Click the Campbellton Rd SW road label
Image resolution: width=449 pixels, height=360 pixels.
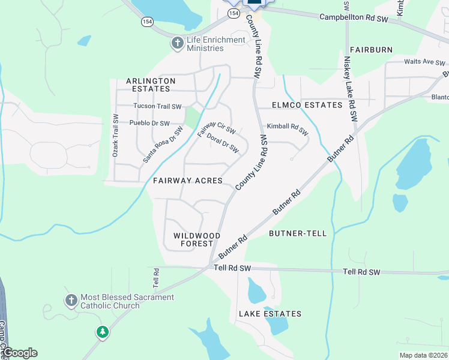pyautogui.click(x=354, y=19)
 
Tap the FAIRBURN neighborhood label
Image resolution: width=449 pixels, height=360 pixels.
pyautogui.click(x=371, y=49)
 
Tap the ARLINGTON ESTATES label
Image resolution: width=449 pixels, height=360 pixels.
pyautogui.click(x=151, y=85)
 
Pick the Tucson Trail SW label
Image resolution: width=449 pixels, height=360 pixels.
pyautogui.click(x=157, y=107)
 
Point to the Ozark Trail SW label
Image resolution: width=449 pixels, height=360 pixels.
pyautogui.click(x=115, y=136)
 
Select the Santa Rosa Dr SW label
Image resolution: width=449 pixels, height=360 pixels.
pyautogui.click(x=162, y=145)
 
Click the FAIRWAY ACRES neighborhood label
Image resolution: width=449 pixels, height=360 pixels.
pyautogui.click(x=188, y=181)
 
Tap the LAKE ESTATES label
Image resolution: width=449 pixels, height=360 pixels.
pyautogui.click(x=270, y=314)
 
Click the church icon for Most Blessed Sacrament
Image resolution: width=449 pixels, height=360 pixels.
pyautogui.click(x=71, y=300)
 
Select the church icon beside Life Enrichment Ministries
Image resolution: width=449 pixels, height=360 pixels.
pyautogui.click(x=177, y=43)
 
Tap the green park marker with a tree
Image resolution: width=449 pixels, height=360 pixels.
pyautogui.click(x=103, y=331)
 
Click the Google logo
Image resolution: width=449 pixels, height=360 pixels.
pyautogui.click(x=19, y=353)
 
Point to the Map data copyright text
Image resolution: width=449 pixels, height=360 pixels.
pyautogui.click(x=423, y=355)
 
